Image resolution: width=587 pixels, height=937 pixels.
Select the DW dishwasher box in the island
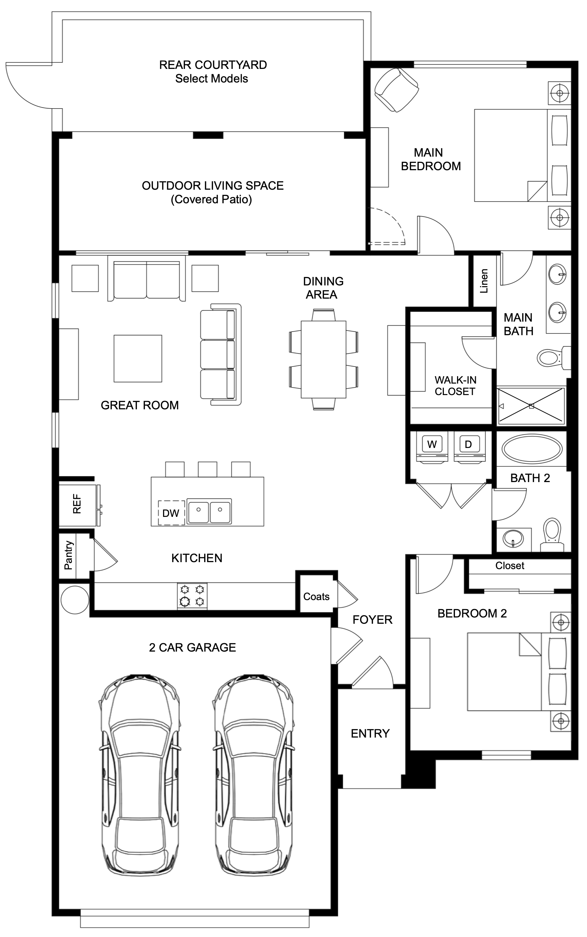coord(171,513)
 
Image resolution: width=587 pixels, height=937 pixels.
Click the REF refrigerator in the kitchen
coord(77,504)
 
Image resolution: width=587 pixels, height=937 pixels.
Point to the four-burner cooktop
coord(192,596)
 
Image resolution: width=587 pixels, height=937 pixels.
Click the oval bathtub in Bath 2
coord(532,449)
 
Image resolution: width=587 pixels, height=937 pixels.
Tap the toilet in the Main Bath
coord(550,357)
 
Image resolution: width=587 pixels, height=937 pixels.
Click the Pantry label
coord(68,555)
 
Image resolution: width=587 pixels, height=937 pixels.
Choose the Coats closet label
coord(316,597)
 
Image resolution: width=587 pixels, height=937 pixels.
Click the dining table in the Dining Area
coord(323,359)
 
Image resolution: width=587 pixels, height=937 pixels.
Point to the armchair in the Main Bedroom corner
coord(396,90)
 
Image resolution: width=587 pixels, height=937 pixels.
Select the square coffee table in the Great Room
coord(138,359)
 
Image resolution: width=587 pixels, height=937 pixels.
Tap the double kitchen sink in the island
coord(209,511)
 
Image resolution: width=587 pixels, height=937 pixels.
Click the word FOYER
coord(372,619)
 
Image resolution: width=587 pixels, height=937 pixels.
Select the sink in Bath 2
coord(513,538)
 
